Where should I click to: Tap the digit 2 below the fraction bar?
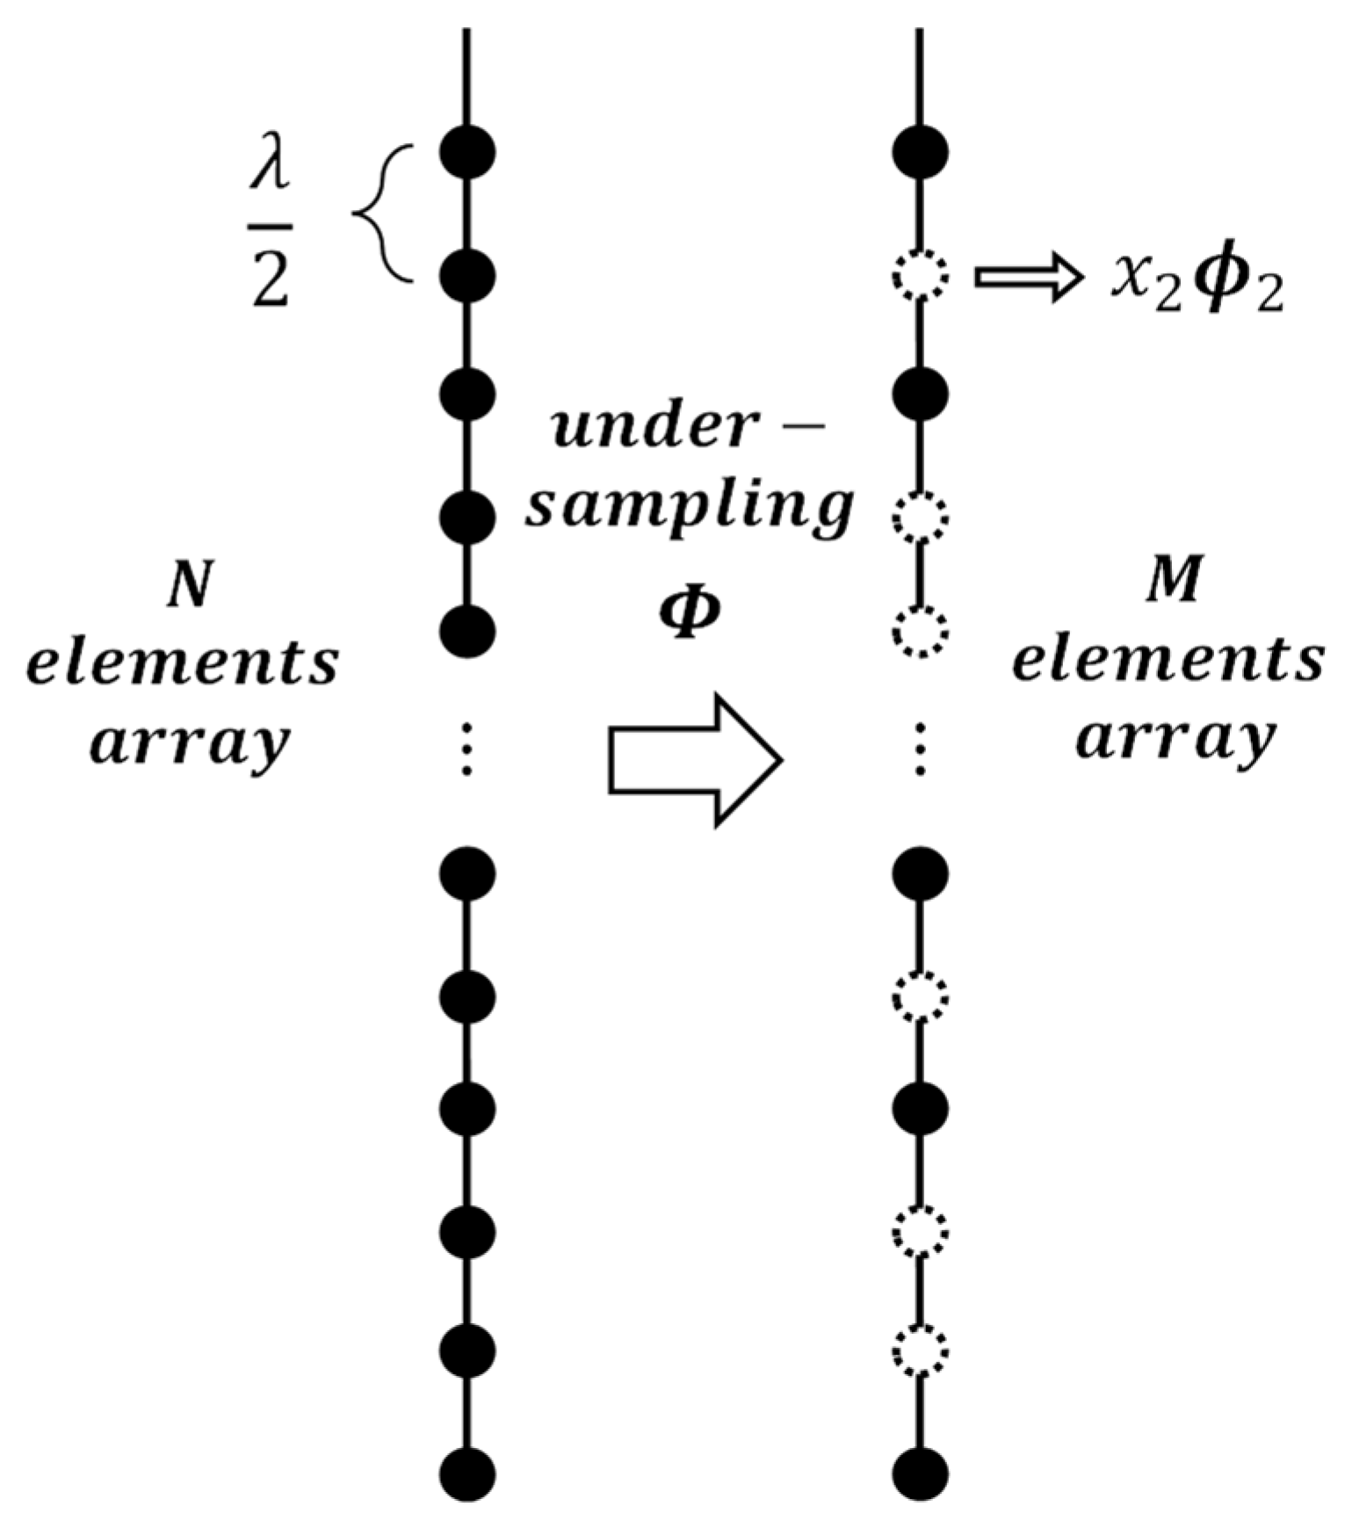tap(271, 274)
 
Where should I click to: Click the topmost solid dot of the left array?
tap(467, 153)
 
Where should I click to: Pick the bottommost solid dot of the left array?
tap(467, 1474)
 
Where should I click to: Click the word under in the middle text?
tap(654, 428)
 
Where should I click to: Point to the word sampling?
tap(690, 507)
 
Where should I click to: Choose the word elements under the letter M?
tap(1168, 661)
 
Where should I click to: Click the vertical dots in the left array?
tap(467, 749)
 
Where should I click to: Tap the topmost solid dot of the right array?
tap(921, 153)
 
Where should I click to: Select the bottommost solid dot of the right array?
tap(921, 1474)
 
